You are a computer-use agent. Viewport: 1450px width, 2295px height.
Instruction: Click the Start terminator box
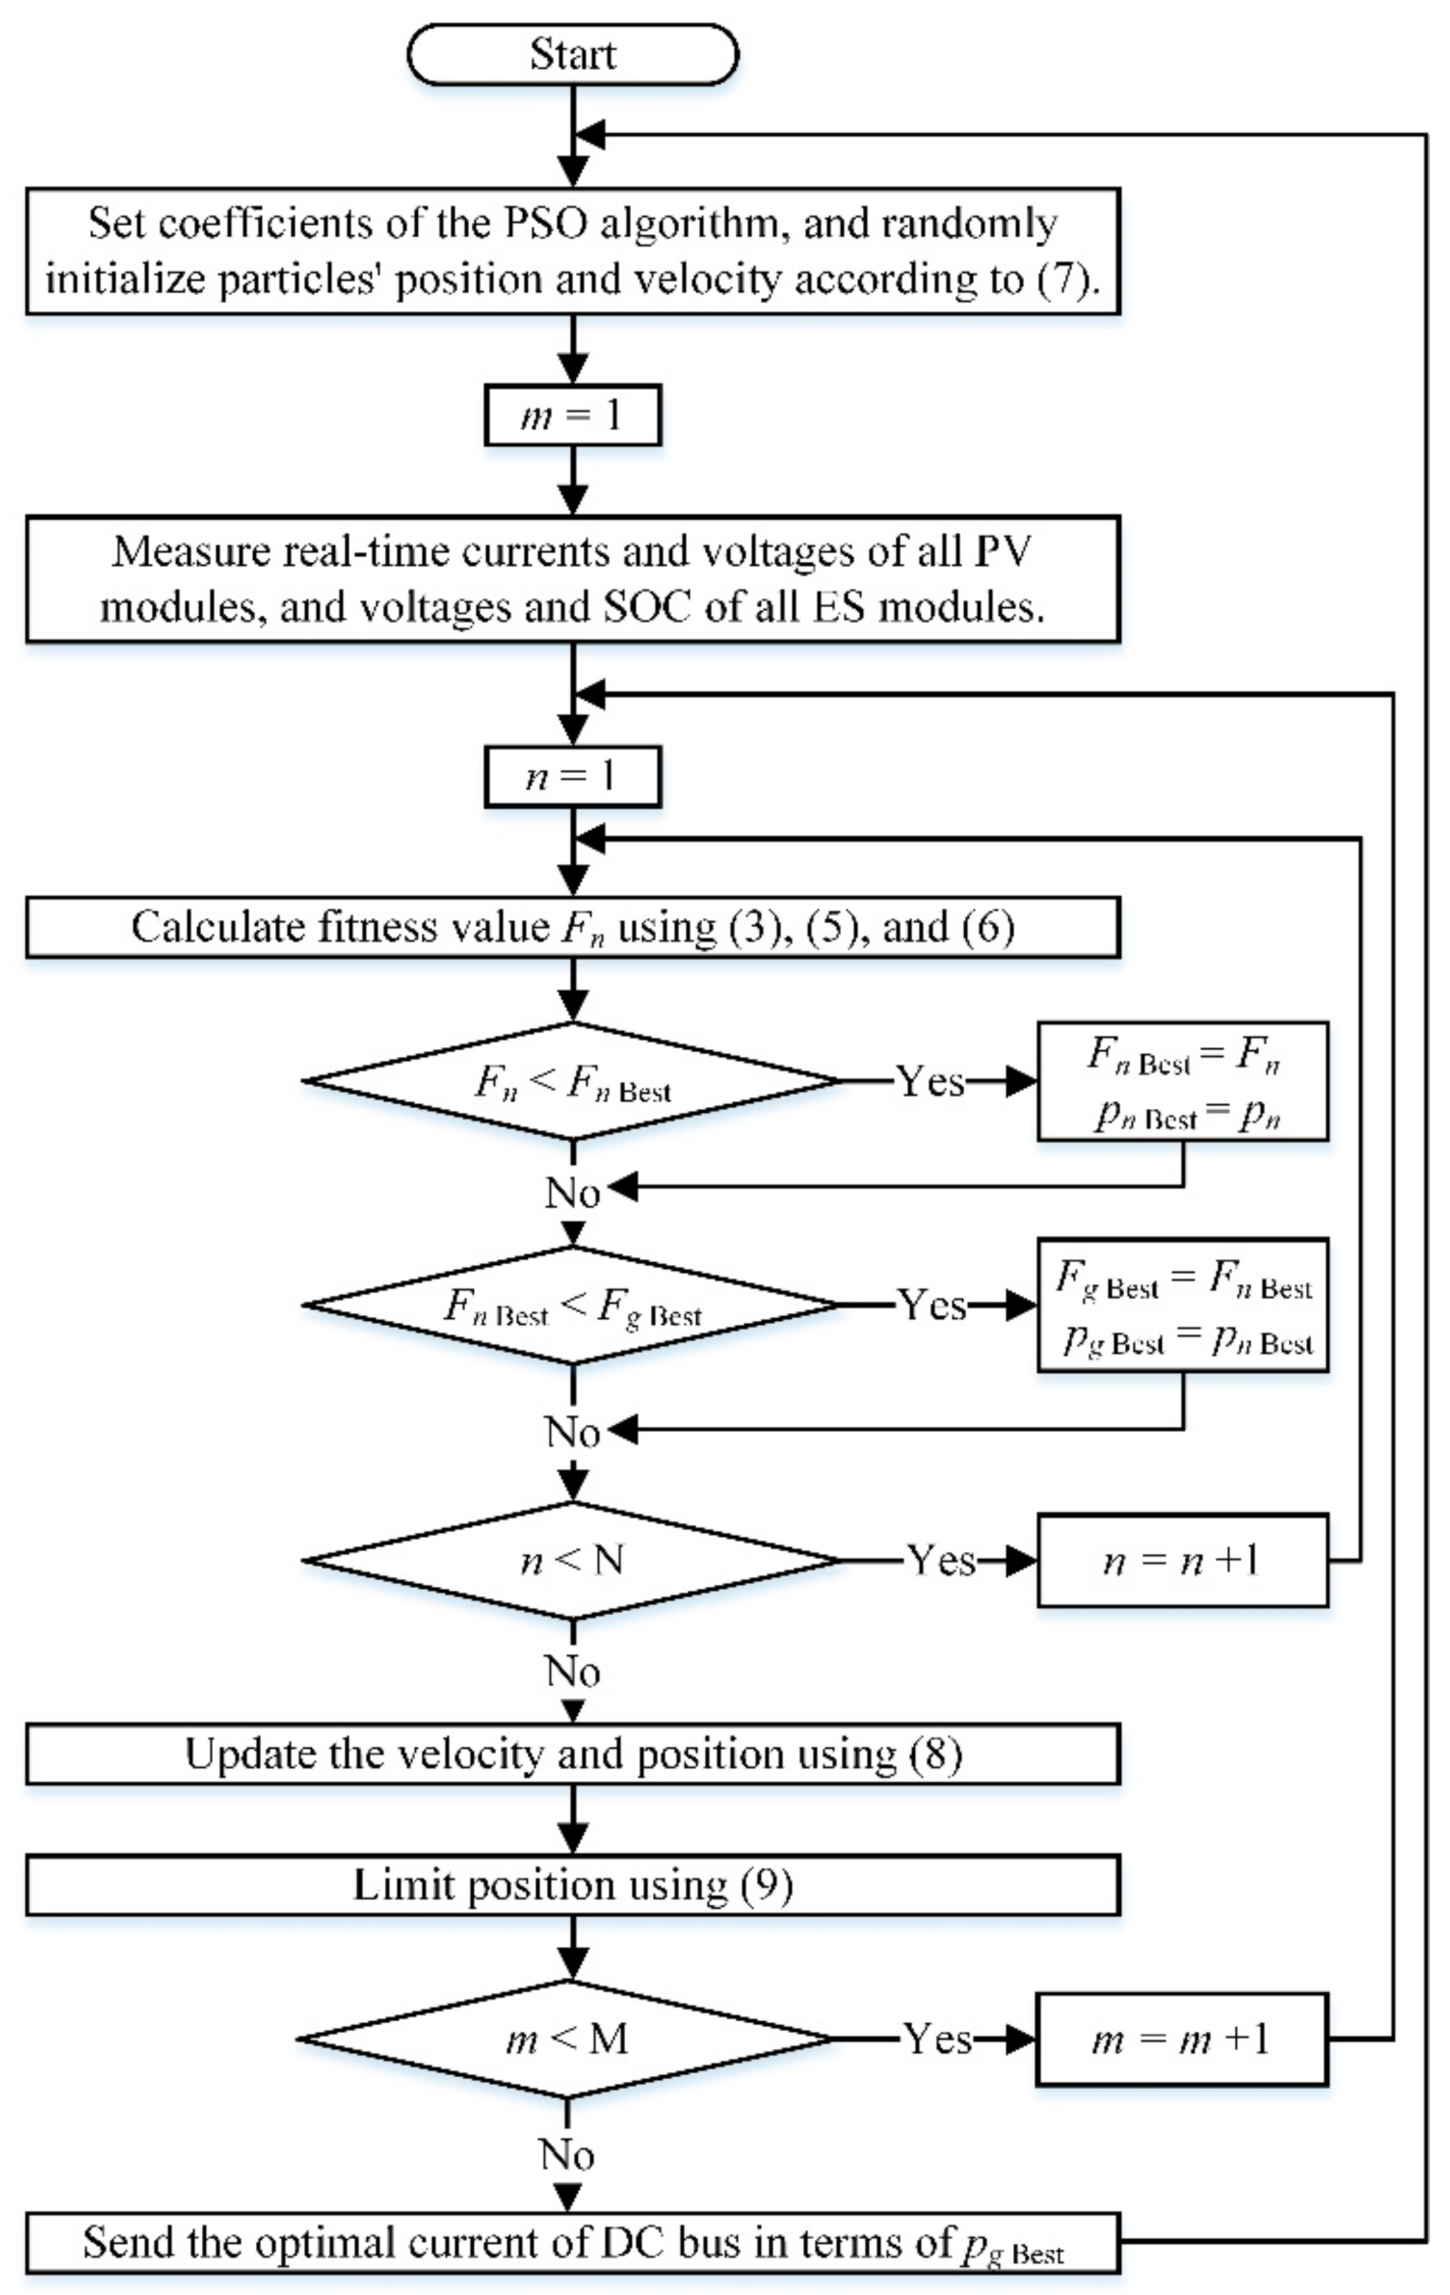coord(572,55)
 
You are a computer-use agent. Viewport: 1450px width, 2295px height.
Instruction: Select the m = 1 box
coord(572,414)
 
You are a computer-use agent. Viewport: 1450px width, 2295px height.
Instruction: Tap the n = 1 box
coord(572,777)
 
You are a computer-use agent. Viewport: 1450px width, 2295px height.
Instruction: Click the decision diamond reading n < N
coord(572,1560)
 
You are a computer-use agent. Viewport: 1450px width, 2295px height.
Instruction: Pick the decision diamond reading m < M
coord(567,2039)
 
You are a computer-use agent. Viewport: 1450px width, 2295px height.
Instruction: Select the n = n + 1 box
coord(1182,1560)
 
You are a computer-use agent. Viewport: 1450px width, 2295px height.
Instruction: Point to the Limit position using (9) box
coord(572,1885)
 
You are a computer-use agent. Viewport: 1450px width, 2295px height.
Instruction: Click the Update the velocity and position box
coord(572,1754)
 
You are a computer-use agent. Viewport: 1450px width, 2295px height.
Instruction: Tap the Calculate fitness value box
coord(572,927)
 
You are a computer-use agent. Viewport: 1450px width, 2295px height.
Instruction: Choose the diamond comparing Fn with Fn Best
coord(572,1081)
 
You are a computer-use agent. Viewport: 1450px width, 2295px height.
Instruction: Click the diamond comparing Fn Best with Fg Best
coord(572,1305)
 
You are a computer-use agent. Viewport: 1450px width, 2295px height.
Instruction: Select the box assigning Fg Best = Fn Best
coord(1182,1305)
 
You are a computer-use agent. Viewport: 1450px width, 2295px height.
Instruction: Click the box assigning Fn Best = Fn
coord(1182,1081)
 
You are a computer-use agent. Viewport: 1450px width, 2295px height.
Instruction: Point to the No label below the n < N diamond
coord(572,1670)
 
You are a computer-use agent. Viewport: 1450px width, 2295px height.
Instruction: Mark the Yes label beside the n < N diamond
coord(941,1560)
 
